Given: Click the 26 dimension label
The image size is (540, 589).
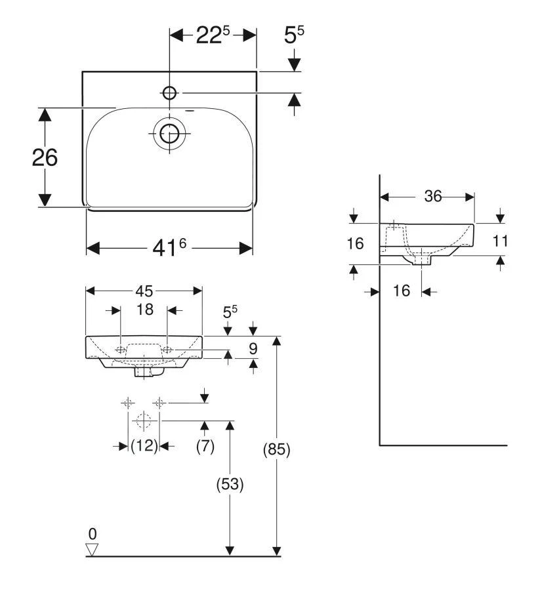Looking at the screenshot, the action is click(x=45, y=157).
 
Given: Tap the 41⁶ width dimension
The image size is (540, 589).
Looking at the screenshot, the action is click(x=169, y=247).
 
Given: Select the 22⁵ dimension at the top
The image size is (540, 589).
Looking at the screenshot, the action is click(x=213, y=35).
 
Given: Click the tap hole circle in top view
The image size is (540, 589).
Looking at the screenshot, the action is click(x=169, y=92).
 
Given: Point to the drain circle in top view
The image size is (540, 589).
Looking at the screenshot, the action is click(x=169, y=134).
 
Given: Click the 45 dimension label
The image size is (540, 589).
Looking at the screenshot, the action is click(x=144, y=291).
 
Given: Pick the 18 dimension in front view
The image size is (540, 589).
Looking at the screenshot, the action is click(x=144, y=310).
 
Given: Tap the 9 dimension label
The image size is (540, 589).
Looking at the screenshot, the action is click(x=253, y=348).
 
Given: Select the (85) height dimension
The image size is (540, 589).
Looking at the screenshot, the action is click(x=277, y=449).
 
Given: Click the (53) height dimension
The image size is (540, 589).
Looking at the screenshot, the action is click(x=230, y=484).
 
